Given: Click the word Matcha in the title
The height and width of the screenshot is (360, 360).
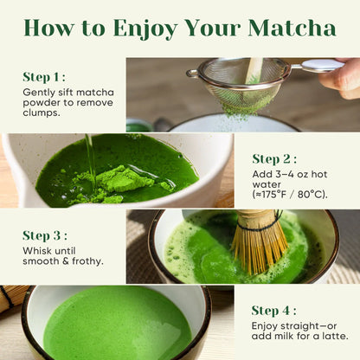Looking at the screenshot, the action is [x=292, y=29].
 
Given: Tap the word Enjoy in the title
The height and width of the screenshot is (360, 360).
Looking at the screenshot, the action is [x=145, y=29].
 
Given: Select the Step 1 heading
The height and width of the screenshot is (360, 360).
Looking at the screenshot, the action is [x=44, y=77].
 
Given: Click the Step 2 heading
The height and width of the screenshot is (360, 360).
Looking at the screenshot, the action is [x=274, y=159].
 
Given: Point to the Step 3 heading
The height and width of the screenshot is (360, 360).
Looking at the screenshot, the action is [x=45, y=235].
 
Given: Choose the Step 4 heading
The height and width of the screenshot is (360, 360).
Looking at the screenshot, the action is [x=273, y=311].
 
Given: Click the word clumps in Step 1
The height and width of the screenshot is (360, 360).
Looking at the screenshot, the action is [x=42, y=112].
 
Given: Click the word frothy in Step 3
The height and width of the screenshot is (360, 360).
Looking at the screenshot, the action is [x=87, y=261].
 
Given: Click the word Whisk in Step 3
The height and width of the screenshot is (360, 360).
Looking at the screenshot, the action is [x=35, y=251].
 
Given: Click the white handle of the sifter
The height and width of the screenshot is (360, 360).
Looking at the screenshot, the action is [x=321, y=65].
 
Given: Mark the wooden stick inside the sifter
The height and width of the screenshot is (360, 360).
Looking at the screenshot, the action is [x=254, y=71].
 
